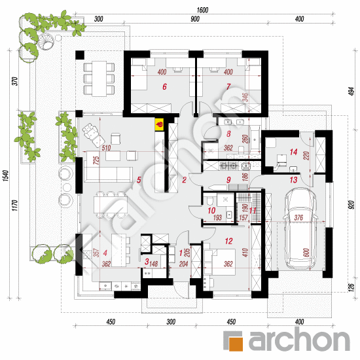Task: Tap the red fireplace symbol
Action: (x=159, y=122)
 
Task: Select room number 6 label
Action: (x=164, y=86)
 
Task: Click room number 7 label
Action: (x=228, y=86)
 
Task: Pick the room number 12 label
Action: (x=228, y=242)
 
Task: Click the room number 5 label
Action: (x=139, y=179)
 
